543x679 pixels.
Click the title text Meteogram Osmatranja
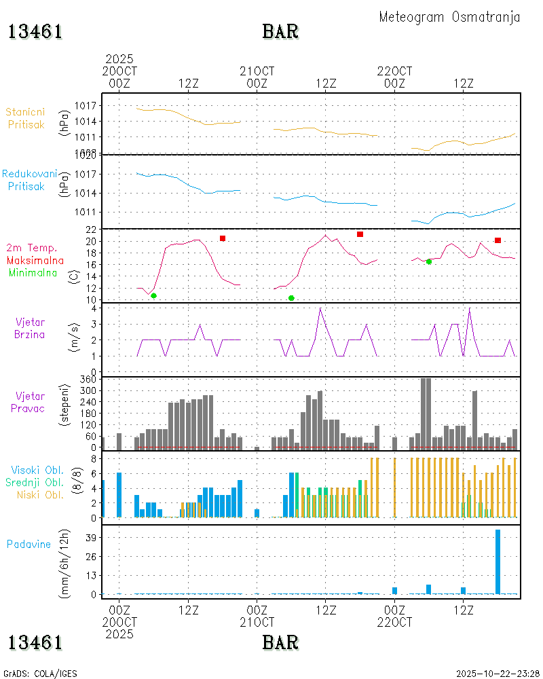[x=449, y=17]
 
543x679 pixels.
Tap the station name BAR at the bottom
[x=280, y=642]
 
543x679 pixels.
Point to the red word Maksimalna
[x=35, y=260]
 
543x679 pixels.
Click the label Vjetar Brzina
[x=31, y=327]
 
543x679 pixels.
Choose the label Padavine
[x=29, y=544]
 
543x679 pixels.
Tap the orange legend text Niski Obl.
[x=37, y=494]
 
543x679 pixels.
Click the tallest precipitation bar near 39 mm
[x=498, y=562]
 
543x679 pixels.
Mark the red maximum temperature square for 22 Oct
[x=498, y=240]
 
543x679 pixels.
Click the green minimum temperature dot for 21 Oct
[x=291, y=298]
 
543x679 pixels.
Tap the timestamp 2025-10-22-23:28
[x=498, y=674]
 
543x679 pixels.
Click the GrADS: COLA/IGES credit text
[x=40, y=674]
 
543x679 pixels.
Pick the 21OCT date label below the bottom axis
[x=257, y=621]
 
